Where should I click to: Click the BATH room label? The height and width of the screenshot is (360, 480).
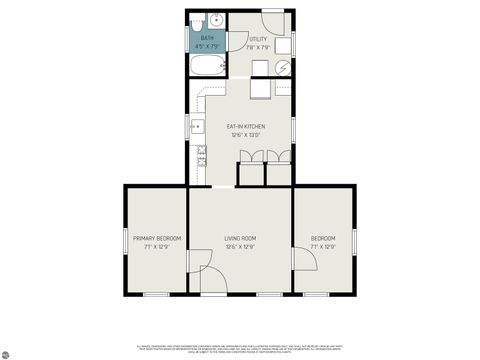(207, 37)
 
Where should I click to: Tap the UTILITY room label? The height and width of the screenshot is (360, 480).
(258, 39)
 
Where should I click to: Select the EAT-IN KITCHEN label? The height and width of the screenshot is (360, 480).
(245, 127)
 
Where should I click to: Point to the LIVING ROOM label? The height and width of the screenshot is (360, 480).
(240, 238)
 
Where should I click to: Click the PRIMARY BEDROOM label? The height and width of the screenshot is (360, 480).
(157, 238)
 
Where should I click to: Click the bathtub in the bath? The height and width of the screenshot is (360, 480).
(210, 68)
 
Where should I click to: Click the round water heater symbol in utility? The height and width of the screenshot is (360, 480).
(283, 67)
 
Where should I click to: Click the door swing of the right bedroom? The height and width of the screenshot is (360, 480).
(303, 259)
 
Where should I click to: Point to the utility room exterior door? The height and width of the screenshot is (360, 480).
(273, 22)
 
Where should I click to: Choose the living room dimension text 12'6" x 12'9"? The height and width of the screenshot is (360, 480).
(240, 247)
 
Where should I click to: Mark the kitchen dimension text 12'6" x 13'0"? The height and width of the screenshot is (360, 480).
(245, 135)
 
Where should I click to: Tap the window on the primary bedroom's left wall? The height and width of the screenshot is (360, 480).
(125, 239)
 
